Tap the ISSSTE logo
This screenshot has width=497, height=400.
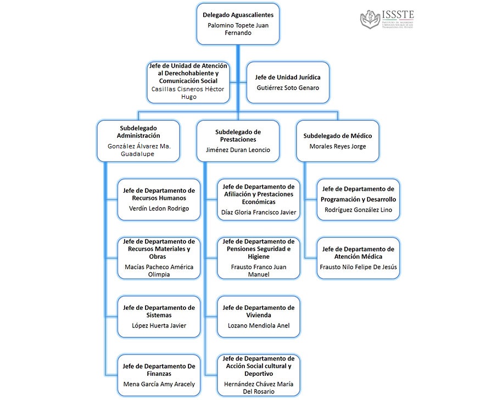[387, 20]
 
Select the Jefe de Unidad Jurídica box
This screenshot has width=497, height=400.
[288, 82]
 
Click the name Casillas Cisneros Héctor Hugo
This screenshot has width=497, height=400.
[188, 92]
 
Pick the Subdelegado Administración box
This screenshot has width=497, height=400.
[138, 141]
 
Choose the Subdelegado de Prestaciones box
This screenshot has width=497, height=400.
[238, 141]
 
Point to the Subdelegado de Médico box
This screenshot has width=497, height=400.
[337, 141]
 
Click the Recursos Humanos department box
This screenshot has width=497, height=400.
[159, 199]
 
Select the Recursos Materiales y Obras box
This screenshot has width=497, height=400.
[159, 258]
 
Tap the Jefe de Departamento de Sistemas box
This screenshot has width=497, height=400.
[159, 316]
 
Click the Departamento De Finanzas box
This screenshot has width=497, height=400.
[159, 375]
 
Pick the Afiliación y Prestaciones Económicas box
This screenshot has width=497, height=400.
[258, 199]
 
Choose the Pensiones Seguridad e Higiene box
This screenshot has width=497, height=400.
[258, 258]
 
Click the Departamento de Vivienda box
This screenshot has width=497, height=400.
[258, 316]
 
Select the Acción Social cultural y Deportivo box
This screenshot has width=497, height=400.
[258, 375]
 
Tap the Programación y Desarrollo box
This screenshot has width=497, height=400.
[358, 199]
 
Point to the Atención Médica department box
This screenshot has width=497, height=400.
[358, 258]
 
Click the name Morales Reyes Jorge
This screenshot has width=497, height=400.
[337, 146]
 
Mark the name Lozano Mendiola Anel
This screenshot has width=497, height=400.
[258, 326]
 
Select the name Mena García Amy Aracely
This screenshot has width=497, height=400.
[159, 384]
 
